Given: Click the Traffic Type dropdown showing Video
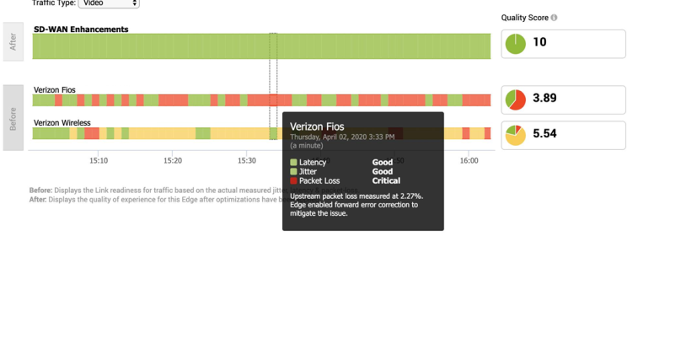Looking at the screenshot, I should click(x=109, y=3).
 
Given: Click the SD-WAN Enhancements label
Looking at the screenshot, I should click(x=81, y=30).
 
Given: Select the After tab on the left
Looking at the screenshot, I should click(x=13, y=42).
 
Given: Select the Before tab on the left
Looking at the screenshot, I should click(x=13, y=118).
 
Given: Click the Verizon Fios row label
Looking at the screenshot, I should click(x=54, y=90).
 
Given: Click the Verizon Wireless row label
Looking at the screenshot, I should click(x=62, y=123).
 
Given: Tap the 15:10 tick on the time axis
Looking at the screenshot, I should click(x=99, y=160).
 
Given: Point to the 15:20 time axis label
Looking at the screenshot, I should click(x=173, y=160).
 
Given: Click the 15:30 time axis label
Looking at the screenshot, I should click(x=246, y=160).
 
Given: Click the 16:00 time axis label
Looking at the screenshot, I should click(x=469, y=160).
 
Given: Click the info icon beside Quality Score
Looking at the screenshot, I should click(x=554, y=18).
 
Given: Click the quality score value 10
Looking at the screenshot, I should click(x=539, y=42).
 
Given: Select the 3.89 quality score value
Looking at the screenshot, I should click(x=544, y=98).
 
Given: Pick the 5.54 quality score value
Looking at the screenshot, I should click(x=544, y=133).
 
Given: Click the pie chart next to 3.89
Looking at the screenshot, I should click(x=516, y=99).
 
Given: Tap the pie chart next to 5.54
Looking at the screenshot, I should click(x=516, y=135).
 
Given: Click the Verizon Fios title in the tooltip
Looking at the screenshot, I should click(x=317, y=126).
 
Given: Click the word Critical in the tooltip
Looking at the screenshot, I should click(x=386, y=180).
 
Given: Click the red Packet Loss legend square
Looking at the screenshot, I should click(x=293, y=180).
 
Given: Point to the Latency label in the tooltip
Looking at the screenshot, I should click(x=313, y=162).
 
